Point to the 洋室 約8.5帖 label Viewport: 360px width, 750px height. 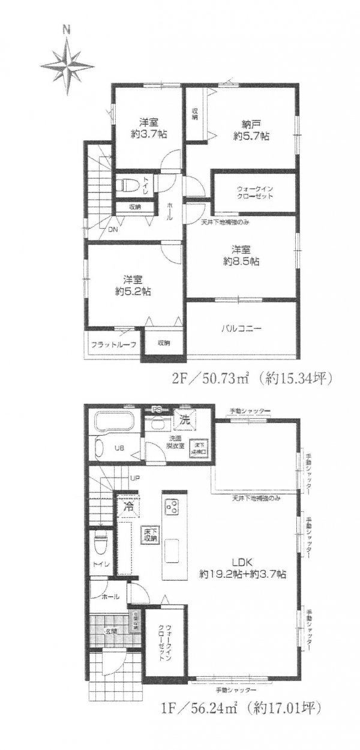(242, 255)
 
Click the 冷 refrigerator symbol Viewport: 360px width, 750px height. (128, 506)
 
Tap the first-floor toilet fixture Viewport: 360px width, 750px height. (101, 544)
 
